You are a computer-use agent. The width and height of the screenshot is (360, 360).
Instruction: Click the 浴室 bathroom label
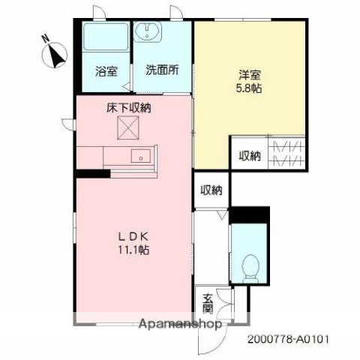105,72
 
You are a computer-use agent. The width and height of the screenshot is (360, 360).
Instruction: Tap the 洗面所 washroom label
162,72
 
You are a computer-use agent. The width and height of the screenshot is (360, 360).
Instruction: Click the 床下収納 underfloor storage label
128,109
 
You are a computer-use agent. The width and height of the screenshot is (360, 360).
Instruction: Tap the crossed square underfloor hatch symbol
128,130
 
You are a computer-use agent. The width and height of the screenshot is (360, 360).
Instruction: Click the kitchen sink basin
141,156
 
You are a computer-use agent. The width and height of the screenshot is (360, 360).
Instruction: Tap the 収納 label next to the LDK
211,190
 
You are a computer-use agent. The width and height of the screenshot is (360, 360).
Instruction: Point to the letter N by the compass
45,39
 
